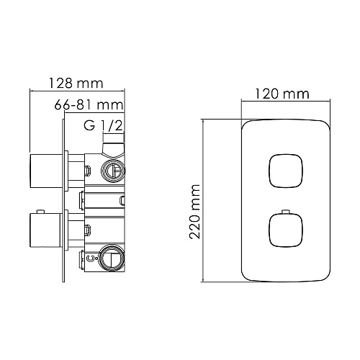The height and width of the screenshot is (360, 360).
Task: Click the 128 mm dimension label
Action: pos(76,83)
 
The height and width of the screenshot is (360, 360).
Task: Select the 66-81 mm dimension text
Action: pos(89,105)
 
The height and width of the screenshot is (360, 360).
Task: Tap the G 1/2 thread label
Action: pos(103,125)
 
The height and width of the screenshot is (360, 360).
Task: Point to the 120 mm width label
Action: pos(282,94)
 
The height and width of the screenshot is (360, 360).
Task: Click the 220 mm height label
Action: pos(194,212)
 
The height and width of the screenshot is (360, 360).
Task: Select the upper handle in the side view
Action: pos(46,171)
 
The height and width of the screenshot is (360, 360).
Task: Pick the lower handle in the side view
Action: pos(46,230)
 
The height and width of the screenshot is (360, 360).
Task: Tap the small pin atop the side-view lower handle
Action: pos(40,211)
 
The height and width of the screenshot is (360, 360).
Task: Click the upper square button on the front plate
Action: pos(286,171)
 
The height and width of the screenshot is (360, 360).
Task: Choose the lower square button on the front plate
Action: pos(286,230)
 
